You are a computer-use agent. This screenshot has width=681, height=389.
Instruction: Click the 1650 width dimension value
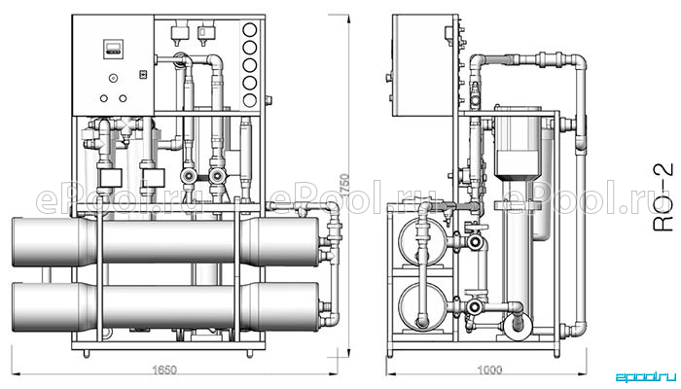click(x=164, y=370)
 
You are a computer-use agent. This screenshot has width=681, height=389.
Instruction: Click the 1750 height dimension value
click(x=344, y=186)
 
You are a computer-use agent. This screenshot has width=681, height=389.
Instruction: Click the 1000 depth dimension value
click(x=489, y=370)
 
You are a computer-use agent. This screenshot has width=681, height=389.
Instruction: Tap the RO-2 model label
click(x=664, y=196)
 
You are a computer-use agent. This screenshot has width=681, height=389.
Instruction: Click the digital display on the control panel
click(x=114, y=49)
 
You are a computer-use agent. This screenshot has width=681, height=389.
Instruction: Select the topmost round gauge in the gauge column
click(x=250, y=30)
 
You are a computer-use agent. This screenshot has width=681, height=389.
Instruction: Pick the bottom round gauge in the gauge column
click(x=250, y=100)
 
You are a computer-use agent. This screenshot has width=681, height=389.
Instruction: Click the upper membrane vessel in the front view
click(x=165, y=242)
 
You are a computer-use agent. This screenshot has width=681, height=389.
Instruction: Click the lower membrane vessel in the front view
click(x=165, y=307)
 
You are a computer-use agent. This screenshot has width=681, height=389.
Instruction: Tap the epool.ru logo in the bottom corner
click(x=646, y=376)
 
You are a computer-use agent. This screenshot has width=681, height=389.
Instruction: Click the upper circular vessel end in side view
click(x=422, y=242)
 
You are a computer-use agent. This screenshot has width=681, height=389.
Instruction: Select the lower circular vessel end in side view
click(x=422, y=306)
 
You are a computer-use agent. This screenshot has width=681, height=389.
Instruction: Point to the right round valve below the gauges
click(x=216, y=176)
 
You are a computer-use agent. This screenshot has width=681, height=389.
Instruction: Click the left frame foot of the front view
click(x=86, y=354)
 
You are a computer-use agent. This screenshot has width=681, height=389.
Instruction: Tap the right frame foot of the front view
click(x=250, y=354)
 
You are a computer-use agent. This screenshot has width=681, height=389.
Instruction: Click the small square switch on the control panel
click(x=142, y=75)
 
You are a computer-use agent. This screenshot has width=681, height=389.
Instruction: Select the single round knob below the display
click(x=114, y=78)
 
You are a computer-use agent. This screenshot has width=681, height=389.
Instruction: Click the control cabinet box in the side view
click(x=423, y=65)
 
